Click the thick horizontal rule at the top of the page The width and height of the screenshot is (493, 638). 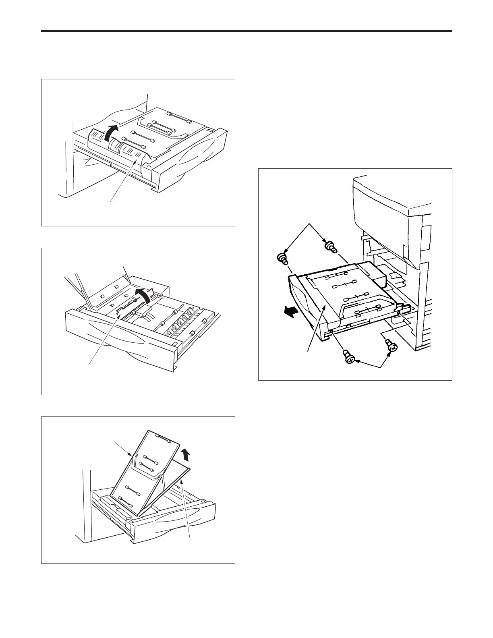coord(246,31)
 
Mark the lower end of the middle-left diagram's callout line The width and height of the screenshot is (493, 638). coord(89,364)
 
